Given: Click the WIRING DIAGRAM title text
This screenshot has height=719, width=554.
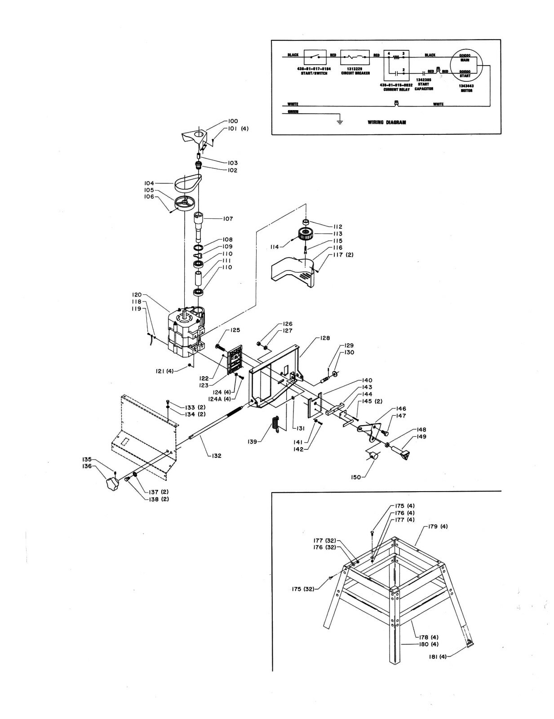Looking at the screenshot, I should (x=386, y=122).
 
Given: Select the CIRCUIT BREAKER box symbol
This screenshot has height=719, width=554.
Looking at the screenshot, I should (x=355, y=57).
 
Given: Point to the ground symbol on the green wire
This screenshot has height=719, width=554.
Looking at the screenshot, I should (x=340, y=120).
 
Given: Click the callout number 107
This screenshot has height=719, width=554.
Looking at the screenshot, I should (x=228, y=219).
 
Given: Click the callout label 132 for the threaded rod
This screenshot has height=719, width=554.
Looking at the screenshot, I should (x=216, y=456).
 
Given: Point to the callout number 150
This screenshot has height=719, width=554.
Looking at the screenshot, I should (x=355, y=477).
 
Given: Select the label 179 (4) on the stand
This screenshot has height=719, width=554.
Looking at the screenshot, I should (x=438, y=526).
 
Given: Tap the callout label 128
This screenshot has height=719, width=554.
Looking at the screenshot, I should (x=324, y=337).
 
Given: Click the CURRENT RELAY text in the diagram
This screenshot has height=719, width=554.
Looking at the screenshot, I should (x=395, y=89).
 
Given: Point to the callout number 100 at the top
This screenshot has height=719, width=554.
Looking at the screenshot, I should (x=233, y=121).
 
